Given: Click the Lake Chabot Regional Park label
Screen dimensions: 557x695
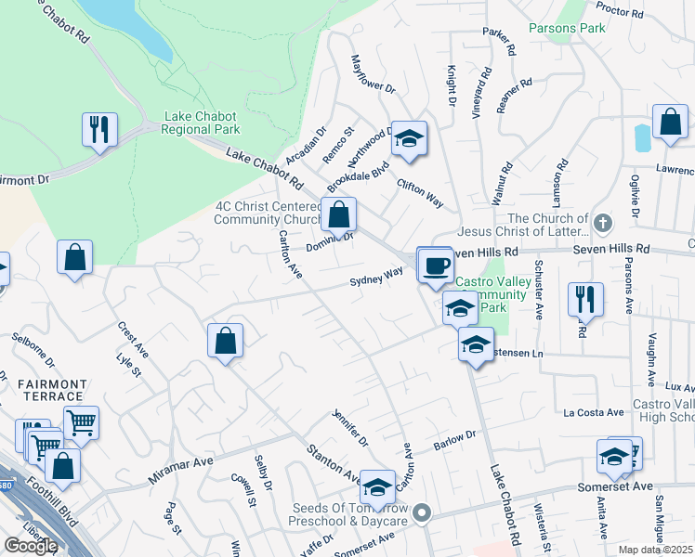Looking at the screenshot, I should coord(202,123).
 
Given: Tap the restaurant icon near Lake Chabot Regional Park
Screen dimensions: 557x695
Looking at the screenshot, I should coord(99,129).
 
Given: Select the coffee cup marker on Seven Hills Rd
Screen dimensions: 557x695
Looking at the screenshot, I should coord(435,266).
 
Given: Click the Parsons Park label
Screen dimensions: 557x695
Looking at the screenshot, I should coord(567,28).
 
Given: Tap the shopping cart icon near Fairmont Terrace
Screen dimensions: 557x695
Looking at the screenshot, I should coord(82,423).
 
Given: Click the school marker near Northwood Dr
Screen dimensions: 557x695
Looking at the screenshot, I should coord(408,138).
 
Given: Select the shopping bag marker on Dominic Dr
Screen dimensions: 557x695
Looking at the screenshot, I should coord(339,214).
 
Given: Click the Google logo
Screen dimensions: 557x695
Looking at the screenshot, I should coord(31,545).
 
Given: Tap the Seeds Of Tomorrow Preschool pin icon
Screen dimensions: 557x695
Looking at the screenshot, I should coord(423,512).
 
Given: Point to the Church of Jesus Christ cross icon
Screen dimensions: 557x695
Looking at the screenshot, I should coord(603,223).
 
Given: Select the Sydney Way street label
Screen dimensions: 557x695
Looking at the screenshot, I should coord(376,277).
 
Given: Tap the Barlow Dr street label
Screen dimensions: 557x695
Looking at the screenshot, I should coord(455,441).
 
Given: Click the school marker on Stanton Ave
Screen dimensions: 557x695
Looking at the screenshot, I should coord(377,486).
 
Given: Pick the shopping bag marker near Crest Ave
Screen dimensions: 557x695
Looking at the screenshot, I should coord(74,258).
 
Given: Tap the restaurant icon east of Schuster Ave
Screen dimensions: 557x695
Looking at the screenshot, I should coord(585,298).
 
